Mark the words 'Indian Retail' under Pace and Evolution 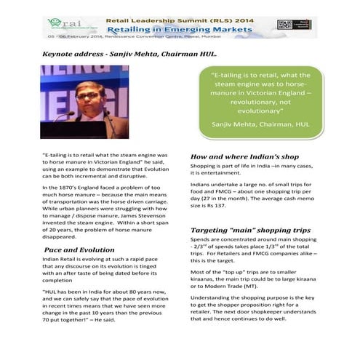tap(61, 260)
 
